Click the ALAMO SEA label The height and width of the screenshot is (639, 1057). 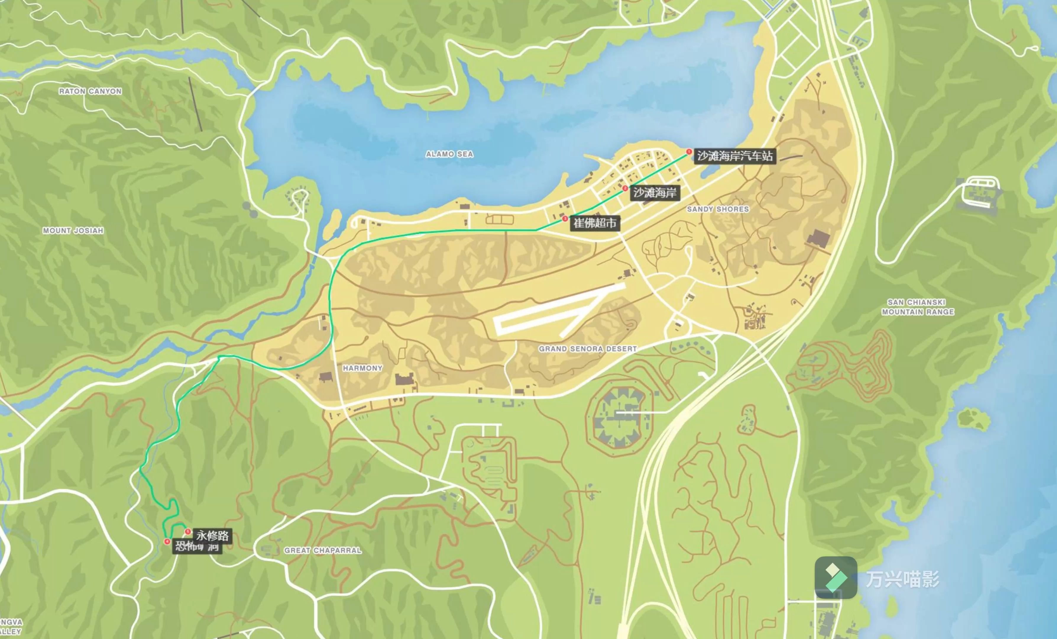pos(449,154)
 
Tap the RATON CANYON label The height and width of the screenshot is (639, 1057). pos(90,91)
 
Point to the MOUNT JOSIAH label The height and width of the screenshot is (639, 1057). pos(73,231)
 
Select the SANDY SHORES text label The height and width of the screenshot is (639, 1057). pos(718,209)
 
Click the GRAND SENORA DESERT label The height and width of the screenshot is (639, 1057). pos(588,349)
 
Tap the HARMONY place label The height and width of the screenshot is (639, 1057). pos(362,368)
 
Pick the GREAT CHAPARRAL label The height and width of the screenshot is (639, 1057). pos(323,550)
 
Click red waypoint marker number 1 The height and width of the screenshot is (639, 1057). pos(689,151)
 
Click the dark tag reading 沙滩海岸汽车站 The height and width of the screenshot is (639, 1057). pos(734,156)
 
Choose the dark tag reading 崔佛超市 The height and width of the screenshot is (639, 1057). pos(595,223)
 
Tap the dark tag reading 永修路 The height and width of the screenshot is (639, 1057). pos(212,535)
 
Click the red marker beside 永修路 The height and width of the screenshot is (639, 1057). pos(187,532)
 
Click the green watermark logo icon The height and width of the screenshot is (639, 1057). pos(836,578)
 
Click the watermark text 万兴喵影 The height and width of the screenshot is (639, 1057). pos(902,579)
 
